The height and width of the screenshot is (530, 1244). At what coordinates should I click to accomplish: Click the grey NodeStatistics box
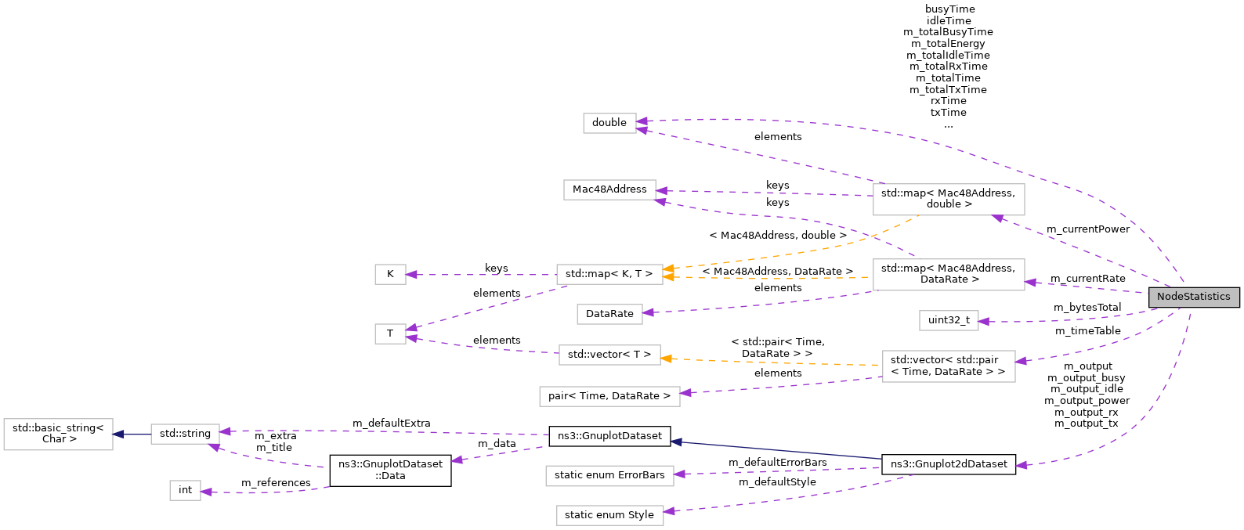(x=1193, y=297)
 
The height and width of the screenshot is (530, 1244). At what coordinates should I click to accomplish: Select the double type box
(x=609, y=123)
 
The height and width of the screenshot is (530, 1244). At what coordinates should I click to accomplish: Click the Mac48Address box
(x=609, y=189)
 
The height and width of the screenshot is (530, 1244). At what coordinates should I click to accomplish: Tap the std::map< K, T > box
(x=609, y=274)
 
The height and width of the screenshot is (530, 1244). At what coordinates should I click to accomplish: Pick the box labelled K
(x=390, y=274)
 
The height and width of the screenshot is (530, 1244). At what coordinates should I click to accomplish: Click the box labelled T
(x=390, y=334)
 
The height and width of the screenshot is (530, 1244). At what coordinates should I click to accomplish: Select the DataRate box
(x=609, y=314)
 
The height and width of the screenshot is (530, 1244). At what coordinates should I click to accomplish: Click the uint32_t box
(x=949, y=320)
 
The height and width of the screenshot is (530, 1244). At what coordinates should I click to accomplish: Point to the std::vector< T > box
(x=609, y=355)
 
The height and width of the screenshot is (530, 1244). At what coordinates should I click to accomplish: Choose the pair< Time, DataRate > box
(x=609, y=396)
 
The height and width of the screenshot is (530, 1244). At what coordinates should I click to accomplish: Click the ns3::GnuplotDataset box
(x=609, y=436)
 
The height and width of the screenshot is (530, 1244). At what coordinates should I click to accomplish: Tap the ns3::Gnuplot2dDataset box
(x=949, y=464)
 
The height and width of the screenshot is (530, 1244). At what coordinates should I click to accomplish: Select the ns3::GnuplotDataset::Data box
(x=390, y=470)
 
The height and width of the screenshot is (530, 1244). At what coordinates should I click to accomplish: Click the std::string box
(x=185, y=434)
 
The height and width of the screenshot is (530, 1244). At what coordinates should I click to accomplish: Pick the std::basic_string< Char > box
(x=58, y=434)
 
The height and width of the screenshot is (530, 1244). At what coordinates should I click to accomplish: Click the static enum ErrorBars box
(x=609, y=475)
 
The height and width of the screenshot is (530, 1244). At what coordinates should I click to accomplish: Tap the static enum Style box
(x=609, y=515)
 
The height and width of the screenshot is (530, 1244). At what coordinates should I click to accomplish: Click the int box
(x=185, y=490)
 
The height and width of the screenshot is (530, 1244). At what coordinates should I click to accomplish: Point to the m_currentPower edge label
(x=1088, y=229)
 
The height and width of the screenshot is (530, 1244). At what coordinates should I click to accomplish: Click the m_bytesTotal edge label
(x=1087, y=308)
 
